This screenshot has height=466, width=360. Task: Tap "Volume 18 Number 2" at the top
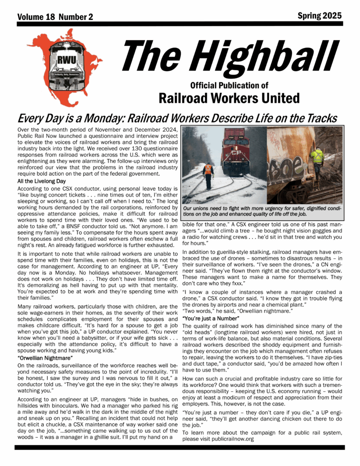pos(55,17)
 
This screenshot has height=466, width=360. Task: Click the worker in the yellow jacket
pos(317,159)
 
